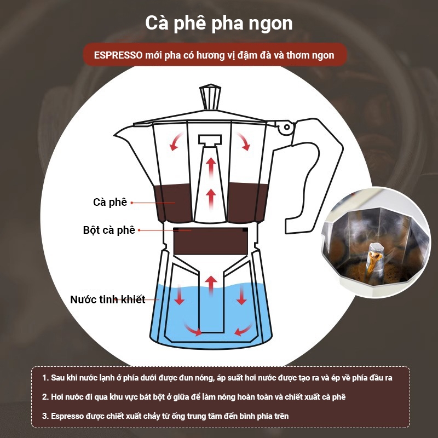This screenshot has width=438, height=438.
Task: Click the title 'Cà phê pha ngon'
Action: click(218, 23)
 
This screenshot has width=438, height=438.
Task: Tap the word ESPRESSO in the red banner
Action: click(118, 55)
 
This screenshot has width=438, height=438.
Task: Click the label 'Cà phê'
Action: click(110, 202)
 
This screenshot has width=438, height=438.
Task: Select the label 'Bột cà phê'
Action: click(109, 230)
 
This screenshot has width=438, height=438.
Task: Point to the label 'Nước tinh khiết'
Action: click(107, 299)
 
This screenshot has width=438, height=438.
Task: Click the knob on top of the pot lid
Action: click(210, 97)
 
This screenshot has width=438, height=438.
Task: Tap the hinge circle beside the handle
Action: click(286, 127)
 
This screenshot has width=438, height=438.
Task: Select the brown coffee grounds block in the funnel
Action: click(211, 241)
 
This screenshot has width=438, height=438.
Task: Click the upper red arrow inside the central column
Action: click(211, 166)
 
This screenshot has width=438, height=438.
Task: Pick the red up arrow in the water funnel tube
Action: click(211, 285)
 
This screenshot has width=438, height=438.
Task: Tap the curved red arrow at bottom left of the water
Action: click(193, 330)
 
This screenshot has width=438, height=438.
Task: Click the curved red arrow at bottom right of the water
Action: click(243, 330)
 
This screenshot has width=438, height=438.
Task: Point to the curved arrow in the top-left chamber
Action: click(176, 142)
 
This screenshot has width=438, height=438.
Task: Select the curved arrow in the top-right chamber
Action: click(244, 142)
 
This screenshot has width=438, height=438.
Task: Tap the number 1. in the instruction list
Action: click(45, 378)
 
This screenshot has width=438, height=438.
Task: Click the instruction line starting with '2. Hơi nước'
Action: click(194, 397)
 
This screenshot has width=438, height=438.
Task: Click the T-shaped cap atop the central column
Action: click(210, 140)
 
